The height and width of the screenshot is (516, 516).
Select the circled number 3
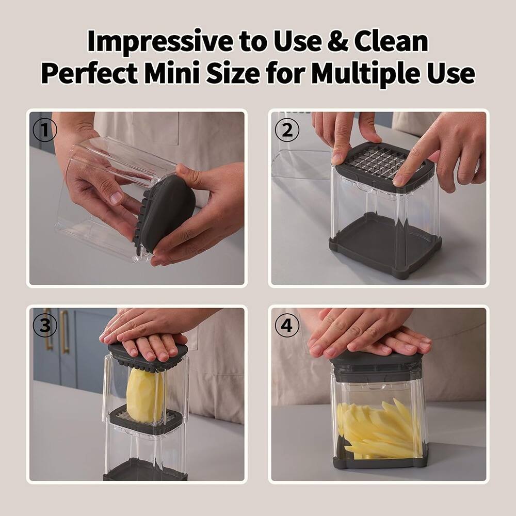pos(45,326)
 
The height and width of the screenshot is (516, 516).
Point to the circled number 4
pos(287,326)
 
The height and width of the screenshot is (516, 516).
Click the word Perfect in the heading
pos(89,74)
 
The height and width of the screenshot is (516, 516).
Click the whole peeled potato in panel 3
pos(144,395)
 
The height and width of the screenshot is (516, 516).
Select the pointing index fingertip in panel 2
pos(400,179)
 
